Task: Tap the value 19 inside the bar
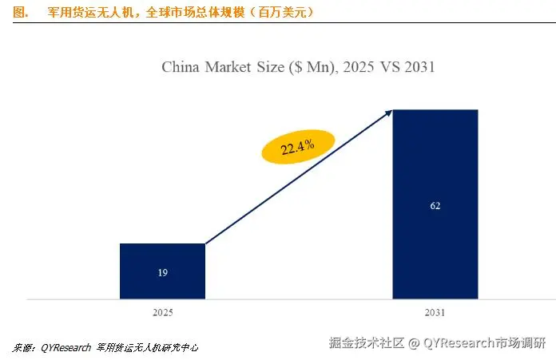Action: [162, 273]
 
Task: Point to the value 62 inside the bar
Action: [435, 206]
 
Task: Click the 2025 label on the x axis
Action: [162, 315]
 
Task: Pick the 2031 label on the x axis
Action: [435, 315]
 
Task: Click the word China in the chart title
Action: [181, 67]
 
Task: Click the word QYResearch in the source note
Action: [62, 348]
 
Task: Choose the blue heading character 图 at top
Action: [22, 12]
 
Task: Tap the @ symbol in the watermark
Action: [414, 343]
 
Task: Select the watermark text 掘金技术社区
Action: [367, 343]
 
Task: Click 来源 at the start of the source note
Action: [22, 348]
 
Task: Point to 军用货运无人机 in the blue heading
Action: [88, 12]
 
